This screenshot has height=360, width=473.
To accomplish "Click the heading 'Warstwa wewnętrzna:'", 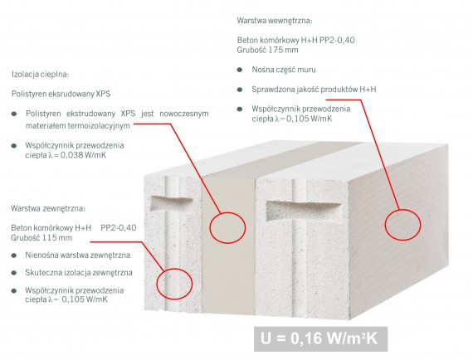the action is pos(275,21).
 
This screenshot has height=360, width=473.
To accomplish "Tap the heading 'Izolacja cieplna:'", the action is pos(41,74).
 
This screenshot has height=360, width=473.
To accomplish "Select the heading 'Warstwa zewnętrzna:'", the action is pos(48,208).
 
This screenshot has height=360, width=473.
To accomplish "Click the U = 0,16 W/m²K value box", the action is pos(320,339).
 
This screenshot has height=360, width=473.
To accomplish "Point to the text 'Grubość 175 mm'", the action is pos(267,50).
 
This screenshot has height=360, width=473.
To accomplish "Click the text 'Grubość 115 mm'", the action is pos(41,237).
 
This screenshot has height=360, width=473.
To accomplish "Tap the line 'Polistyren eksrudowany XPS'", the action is pos(61,94).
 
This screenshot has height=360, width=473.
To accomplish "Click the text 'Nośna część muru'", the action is pos(284,70).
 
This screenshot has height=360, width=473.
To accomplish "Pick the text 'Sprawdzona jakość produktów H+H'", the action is pos(314,90).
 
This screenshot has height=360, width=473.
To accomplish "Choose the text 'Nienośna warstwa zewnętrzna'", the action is pos(77,255).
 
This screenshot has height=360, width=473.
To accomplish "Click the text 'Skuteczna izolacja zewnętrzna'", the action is pos(79,273).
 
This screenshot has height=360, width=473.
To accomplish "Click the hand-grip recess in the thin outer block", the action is pos(171,203).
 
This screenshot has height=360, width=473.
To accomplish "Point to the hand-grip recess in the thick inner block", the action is pos(303,211).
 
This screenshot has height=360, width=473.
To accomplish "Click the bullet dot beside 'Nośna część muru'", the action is pos(240,70).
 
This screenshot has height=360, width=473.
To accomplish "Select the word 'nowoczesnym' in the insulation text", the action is pos(184,114).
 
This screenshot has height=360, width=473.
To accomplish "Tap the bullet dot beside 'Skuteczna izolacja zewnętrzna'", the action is pos(13,273).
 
